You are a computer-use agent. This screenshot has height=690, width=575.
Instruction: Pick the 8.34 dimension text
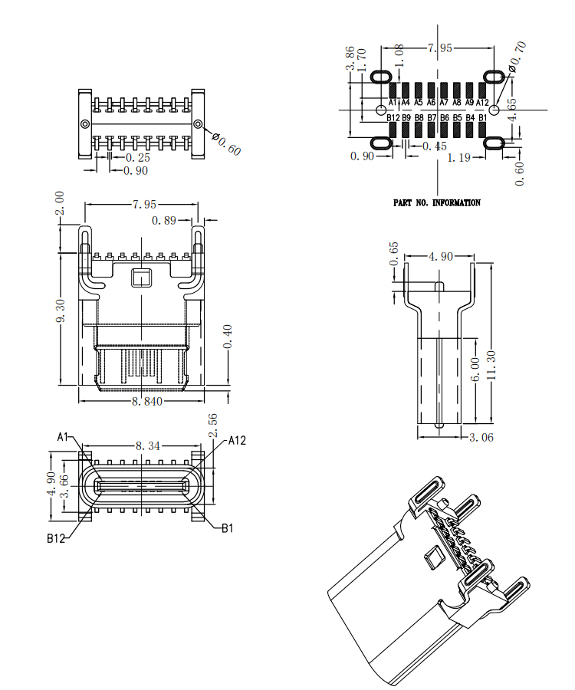pyautogui.click(x=148, y=445)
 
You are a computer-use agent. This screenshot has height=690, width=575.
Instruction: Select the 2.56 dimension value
pyautogui.click(x=213, y=426)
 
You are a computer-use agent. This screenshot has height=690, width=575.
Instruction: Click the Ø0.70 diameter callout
pyautogui.click(x=518, y=58)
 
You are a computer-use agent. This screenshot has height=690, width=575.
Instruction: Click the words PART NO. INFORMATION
pyautogui.click(x=437, y=203)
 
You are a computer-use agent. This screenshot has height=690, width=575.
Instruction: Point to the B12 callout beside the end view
pyautogui.click(x=55, y=538)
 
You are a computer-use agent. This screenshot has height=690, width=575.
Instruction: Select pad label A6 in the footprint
pyautogui.click(x=432, y=102)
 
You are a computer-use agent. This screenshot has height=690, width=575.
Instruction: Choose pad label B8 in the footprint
pyautogui.click(x=419, y=118)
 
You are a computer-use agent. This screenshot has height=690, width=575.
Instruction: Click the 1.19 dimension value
pyautogui.click(x=458, y=157)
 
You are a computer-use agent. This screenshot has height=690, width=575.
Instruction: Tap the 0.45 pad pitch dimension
pyautogui.click(x=435, y=146)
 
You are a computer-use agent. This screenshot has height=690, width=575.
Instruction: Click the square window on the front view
pyautogui.click(x=142, y=276)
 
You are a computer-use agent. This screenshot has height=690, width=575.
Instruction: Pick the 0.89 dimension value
pyautogui.click(x=165, y=221)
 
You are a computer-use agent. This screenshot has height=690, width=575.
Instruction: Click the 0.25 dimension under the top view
pyautogui.click(x=137, y=158)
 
